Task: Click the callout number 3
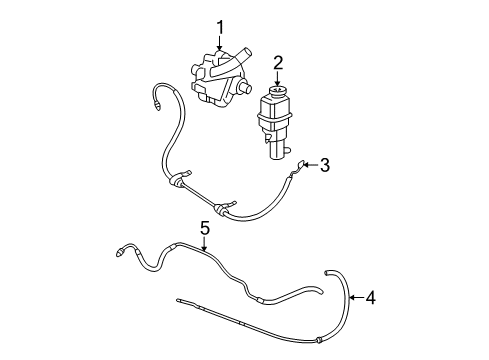[x=323, y=165]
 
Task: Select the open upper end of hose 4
[x=327, y=271]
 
